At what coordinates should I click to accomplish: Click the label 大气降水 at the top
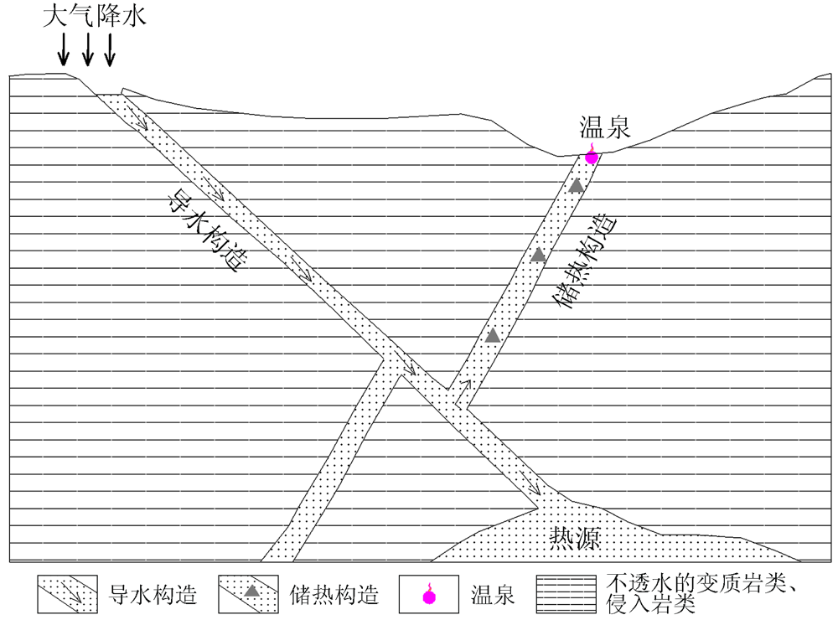pos(95,17)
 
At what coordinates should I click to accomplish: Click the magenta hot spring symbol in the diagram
pos(592,156)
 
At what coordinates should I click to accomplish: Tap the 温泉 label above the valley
pos(604,128)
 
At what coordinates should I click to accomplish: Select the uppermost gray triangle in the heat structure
pos(576,186)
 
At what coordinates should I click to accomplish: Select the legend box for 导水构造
pos(67,595)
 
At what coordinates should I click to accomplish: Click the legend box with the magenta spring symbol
pos(429,595)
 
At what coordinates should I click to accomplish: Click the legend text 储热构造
pos(334,596)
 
